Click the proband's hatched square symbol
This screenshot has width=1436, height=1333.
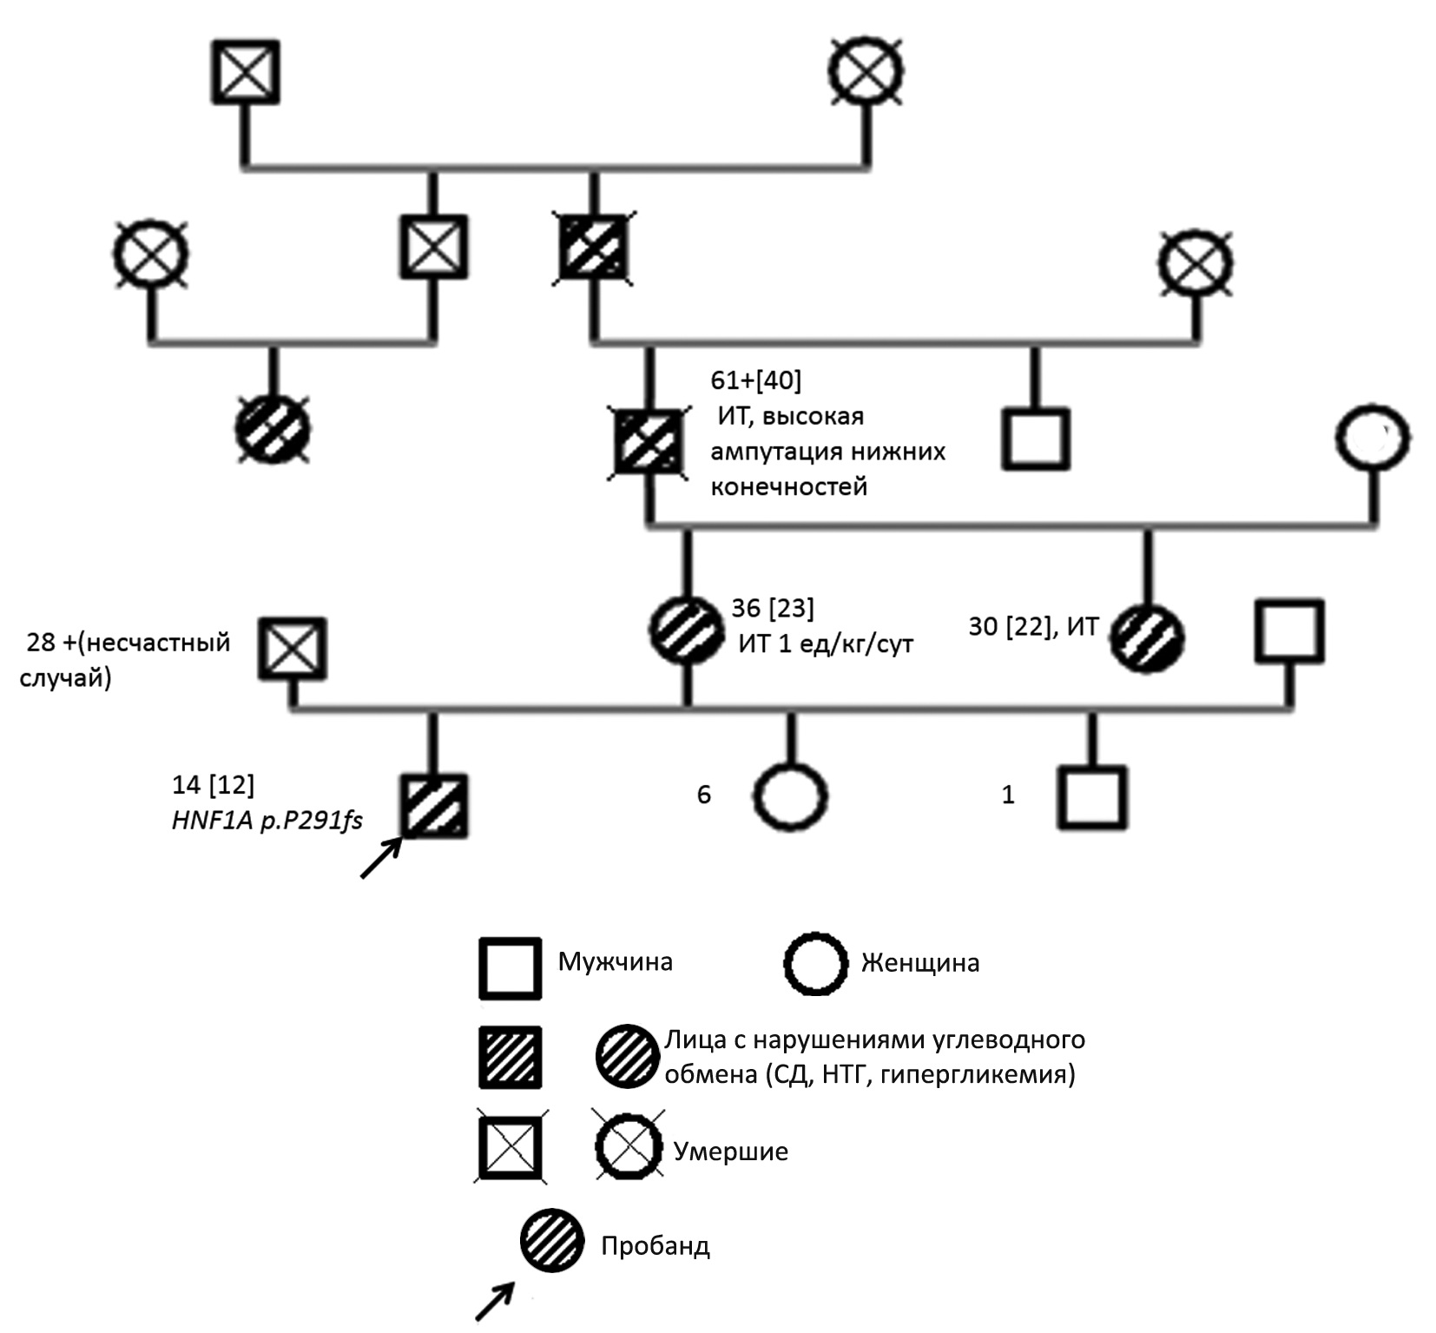[x=434, y=807]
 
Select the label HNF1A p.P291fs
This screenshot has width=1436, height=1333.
[x=267, y=821]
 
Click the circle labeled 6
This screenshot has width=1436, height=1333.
[x=790, y=797]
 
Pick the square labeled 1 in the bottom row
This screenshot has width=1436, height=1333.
[x=1091, y=797]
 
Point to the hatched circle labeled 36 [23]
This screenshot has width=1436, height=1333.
[x=687, y=630]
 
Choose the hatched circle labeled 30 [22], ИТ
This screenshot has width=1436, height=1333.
[x=1148, y=640]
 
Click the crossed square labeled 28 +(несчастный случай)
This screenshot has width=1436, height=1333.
[x=293, y=649]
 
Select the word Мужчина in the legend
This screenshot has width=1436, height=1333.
[x=615, y=962]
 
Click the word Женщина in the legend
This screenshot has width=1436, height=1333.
[x=919, y=963]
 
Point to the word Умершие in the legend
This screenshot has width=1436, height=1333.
[x=731, y=1152]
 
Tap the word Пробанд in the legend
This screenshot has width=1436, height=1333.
[x=655, y=1246]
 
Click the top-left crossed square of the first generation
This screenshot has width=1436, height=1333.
[x=247, y=72]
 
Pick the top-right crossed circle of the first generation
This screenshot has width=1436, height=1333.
[x=865, y=72]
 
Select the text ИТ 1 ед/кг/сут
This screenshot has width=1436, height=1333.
[x=826, y=644]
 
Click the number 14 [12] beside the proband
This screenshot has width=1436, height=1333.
[x=214, y=785]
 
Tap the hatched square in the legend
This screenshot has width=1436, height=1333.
[x=511, y=1057]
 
